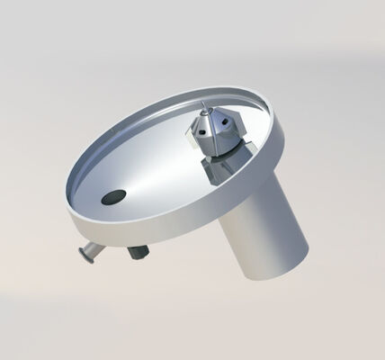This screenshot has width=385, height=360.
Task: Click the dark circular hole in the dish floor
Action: (114, 196)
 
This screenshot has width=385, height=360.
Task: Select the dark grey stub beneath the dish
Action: (137, 252)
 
